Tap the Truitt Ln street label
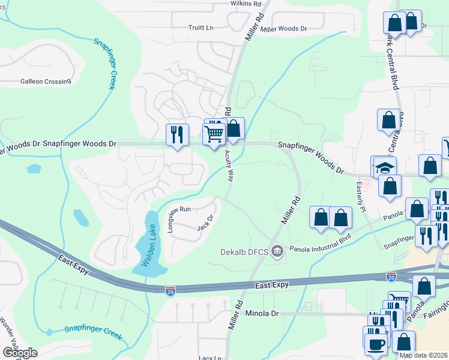coord(201,28)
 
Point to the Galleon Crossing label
coord(46,81)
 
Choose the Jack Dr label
coord(206,223)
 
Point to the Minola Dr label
coord(264,313)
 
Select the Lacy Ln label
coord(214,358)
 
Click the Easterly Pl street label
coord(361,198)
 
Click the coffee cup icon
coord(376,344)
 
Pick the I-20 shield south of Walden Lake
coord(171,290)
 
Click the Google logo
coord(20,352)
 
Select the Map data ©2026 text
coord(423,355)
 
